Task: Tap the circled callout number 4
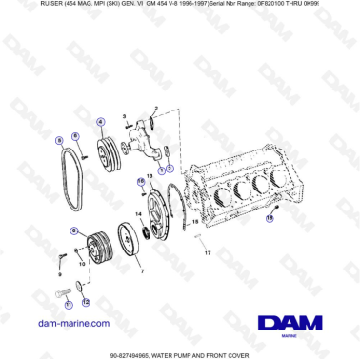(x=100, y=121)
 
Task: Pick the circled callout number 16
(x=141, y=180)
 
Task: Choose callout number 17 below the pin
(x=209, y=251)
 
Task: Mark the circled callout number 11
(x=68, y=306)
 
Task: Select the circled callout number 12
(x=85, y=303)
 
